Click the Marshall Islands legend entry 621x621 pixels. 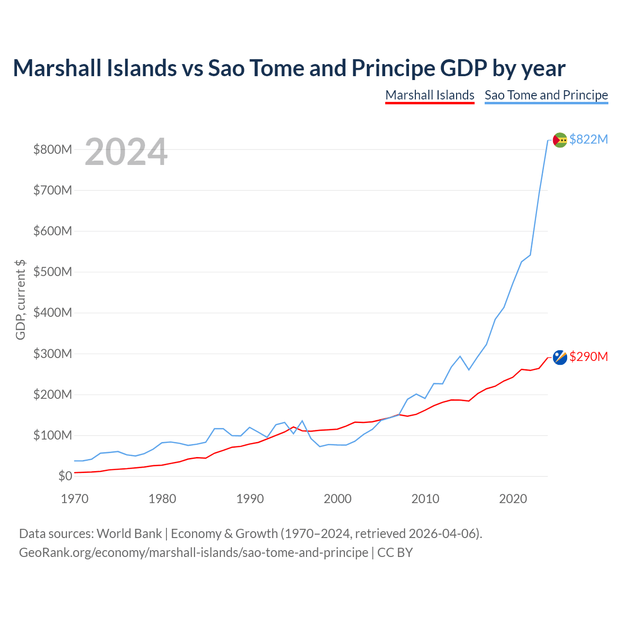pyautogui.click(x=430, y=95)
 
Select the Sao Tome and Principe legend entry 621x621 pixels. pyautogui.click(x=546, y=95)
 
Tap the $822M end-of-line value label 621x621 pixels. pyautogui.click(x=588, y=139)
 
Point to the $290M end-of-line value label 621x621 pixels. pyautogui.click(x=588, y=357)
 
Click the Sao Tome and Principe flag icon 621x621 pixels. pyautogui.click(x=560, y=140)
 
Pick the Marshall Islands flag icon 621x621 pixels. pyautogui.click(x=560, y=357)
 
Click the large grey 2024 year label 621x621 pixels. pyautogui.click(x=126, y=152)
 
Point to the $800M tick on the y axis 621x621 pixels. pyautogui.click(x=53, y=149)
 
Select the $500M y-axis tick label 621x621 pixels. pyautogui.click(x=53, y=272)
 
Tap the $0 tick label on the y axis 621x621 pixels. pyautogui.click(x=65, y=476)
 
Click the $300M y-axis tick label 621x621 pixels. pyautogui.click(x=53, y=354)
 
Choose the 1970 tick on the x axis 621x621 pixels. pyautogui.click(x=75, y=499)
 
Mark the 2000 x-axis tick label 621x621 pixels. pyautogui.click(x=338, y=499)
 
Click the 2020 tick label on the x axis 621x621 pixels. pyautogui.click(x=513, y=499)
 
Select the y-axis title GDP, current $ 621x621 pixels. pyautogui.click(x=20, y=300)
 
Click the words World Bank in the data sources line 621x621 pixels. pyautogui.click(x=129, y=534)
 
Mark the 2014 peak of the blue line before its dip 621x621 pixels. pyautogui.click(x=460, y=356)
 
